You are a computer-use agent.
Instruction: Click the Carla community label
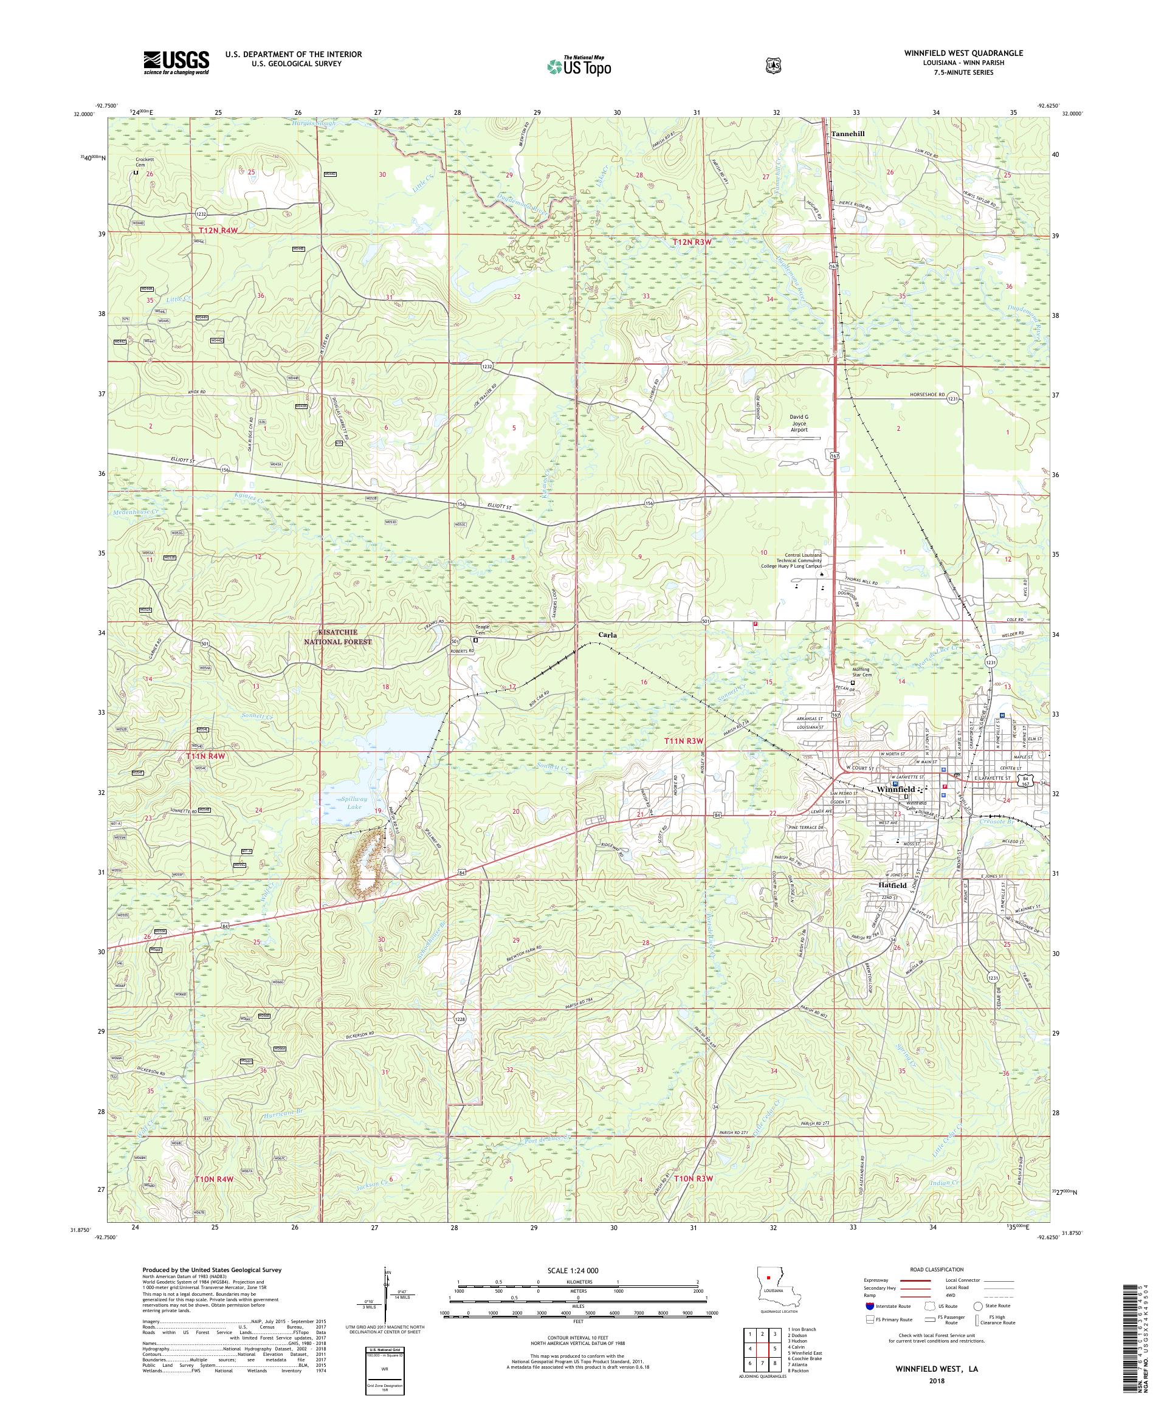point(608,634)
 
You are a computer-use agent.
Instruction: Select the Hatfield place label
point(890,886)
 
